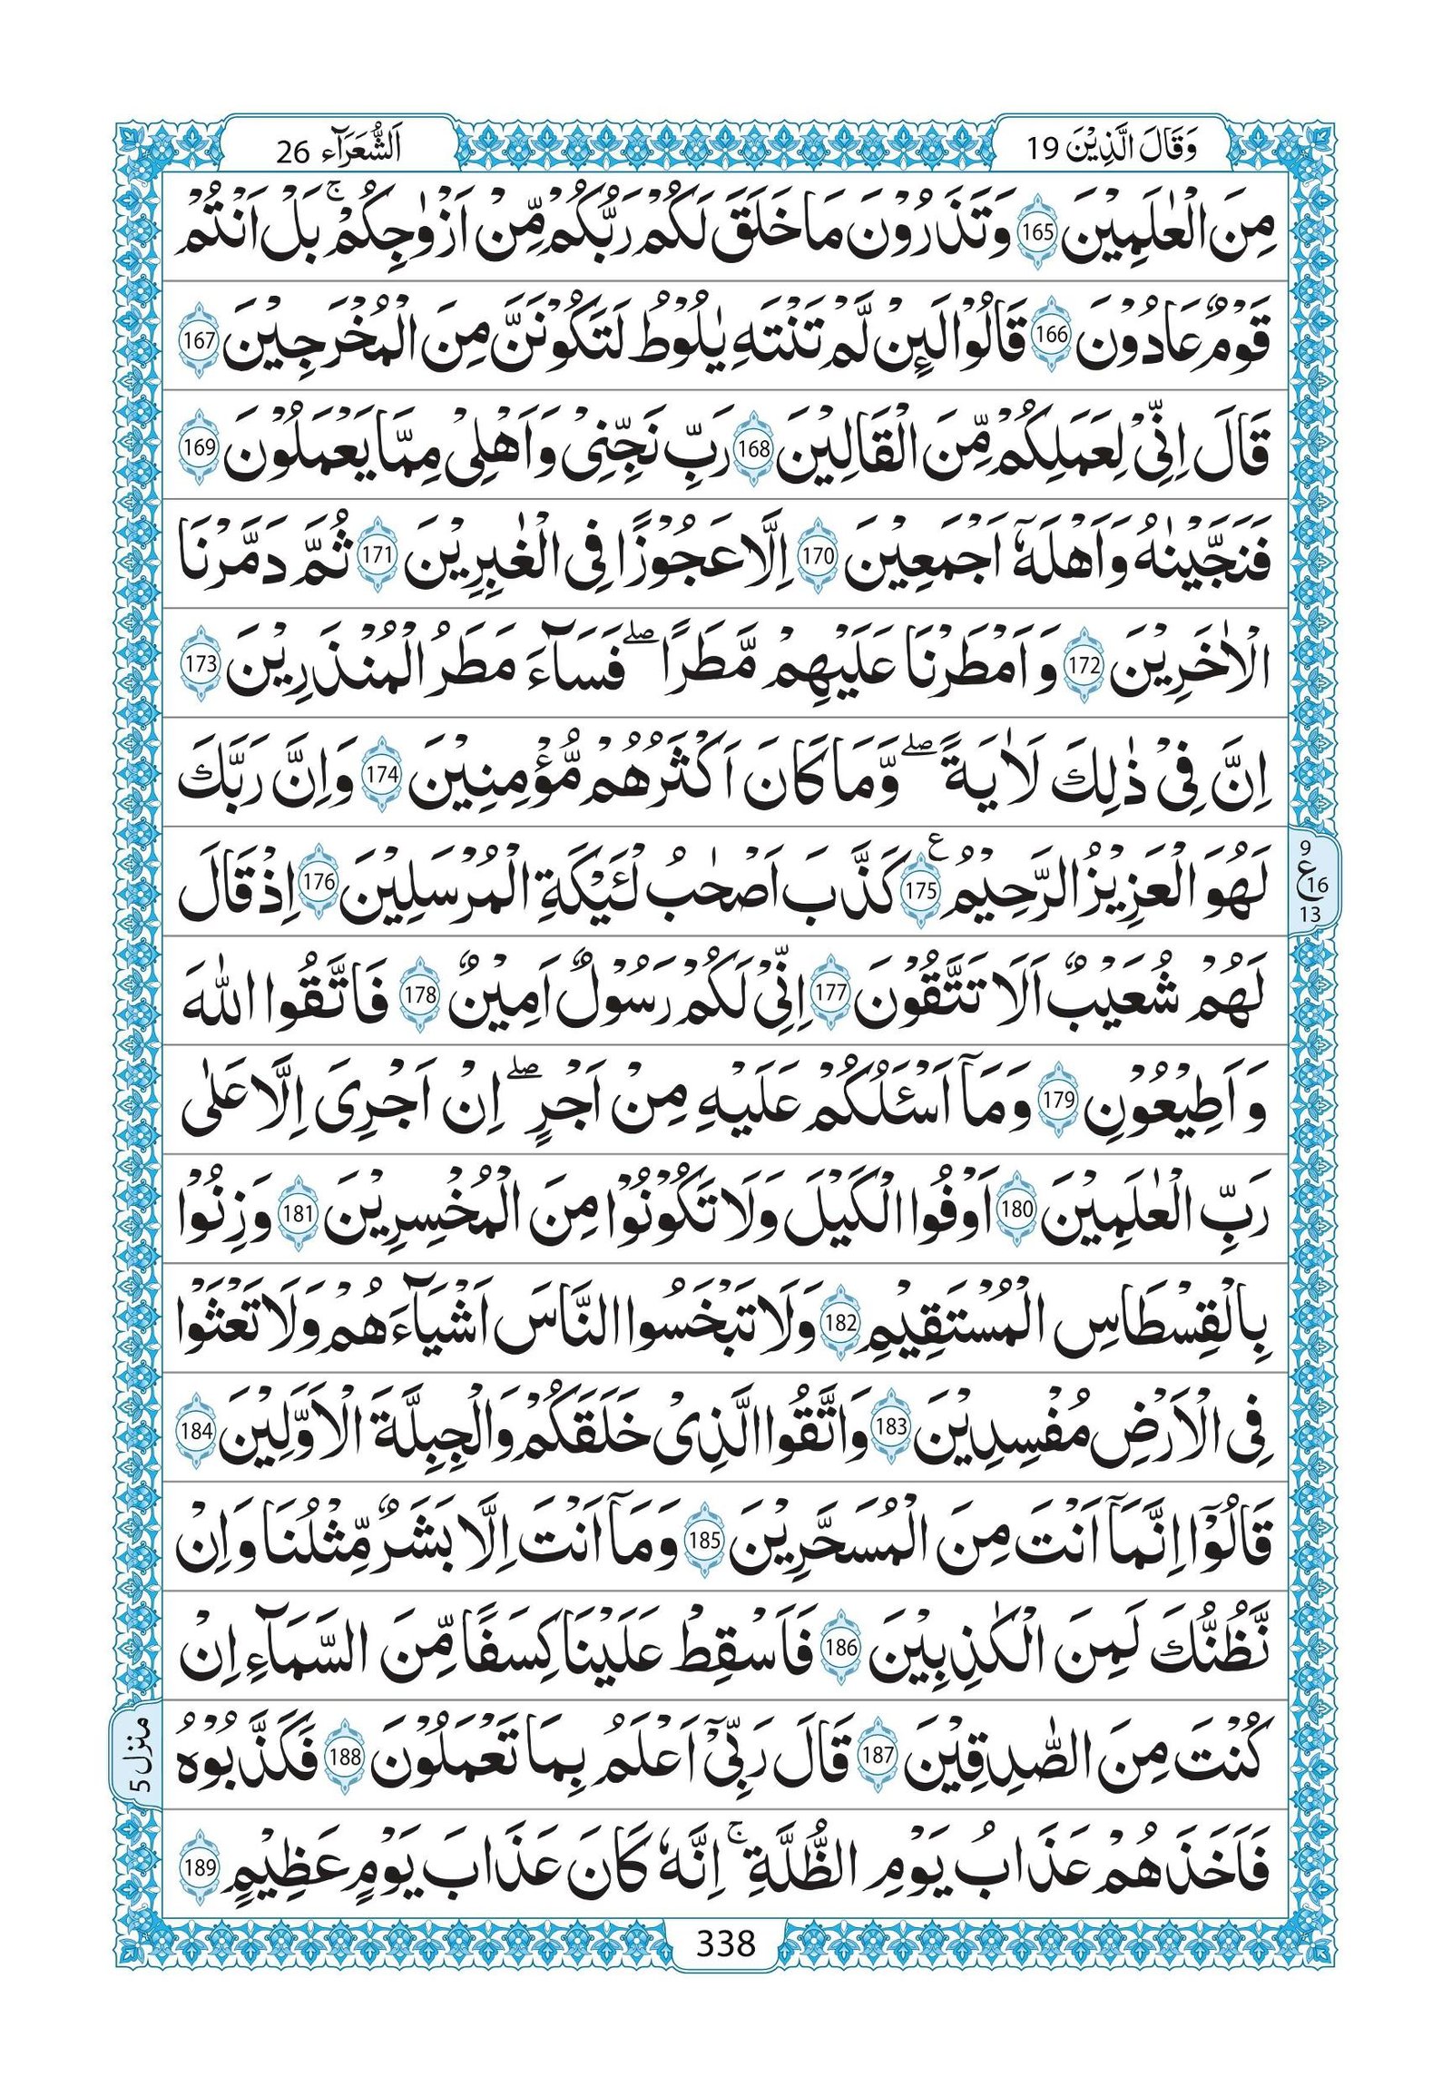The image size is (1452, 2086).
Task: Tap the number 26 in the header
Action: (x=292, y=150)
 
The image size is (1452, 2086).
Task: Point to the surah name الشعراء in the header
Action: (x=372, y=148)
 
